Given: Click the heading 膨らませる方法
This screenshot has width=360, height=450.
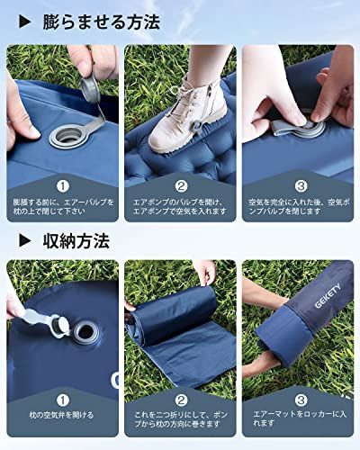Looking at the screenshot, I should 101,22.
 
